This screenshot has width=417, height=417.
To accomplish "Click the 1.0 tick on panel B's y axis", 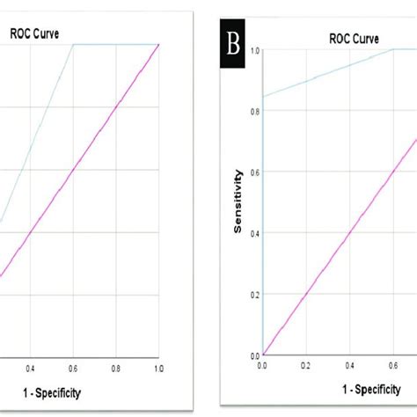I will coord(254,50).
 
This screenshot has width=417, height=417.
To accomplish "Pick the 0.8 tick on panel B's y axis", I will coord(254,112).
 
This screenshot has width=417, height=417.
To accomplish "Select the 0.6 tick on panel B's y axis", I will coord(254,172).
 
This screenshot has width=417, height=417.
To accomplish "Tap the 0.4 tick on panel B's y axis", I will coord(254,233).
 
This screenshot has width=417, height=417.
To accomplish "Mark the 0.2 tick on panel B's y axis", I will coord(254,295).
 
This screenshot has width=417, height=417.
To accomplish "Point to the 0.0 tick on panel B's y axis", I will coord(254,355).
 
